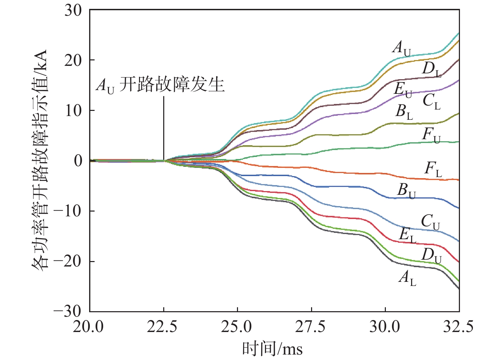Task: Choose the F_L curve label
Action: coord(433,169)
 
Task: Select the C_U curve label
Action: coord(430,222)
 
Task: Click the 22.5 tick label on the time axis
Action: coord(162,327)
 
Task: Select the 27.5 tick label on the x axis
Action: coord(310,327)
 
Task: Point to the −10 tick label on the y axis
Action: coord(67,212)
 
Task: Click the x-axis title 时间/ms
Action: coord(272,349)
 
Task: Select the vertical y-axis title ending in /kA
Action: coord(40,160)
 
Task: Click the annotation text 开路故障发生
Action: coord(172,84)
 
